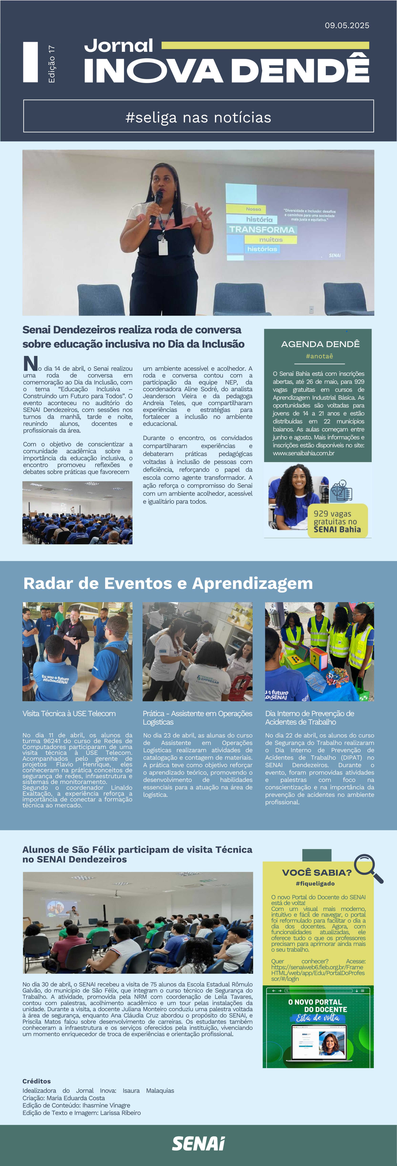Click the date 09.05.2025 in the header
point(347,25)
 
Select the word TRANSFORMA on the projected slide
point(261,229)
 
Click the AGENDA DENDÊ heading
point(320,344)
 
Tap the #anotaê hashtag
point(319,356)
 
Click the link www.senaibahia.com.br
point(303,453)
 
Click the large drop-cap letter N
point(30,363)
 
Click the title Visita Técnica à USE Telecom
point(69,713)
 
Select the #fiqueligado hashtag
point(315,883)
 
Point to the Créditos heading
point(37,1081)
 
